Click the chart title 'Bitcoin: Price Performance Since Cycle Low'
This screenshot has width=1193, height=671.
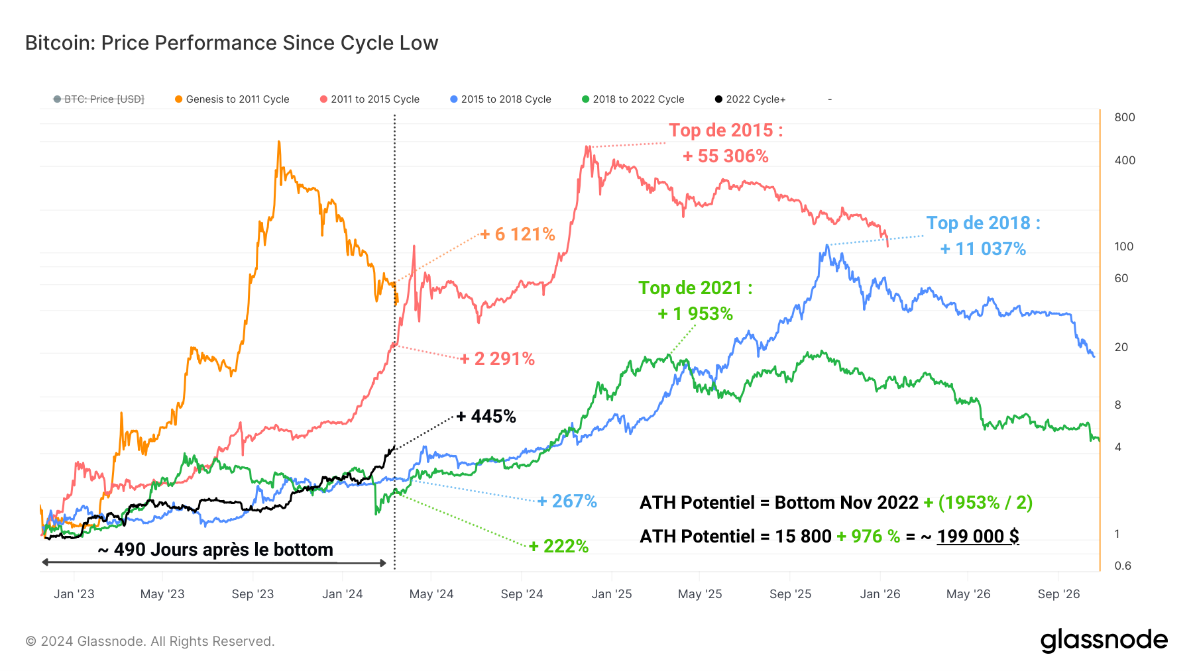click(231, 43)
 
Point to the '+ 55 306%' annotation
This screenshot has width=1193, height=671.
click(726, 156)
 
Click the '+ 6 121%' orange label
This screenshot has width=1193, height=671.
click(518, 234)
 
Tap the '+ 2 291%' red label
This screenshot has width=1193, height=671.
click(498, 359)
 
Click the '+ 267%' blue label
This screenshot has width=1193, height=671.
click(567, 501)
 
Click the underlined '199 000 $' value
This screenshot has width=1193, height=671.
click(978, 537)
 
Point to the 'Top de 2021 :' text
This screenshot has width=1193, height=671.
click(695, 288)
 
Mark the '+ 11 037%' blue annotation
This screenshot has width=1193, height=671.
click(983, 249)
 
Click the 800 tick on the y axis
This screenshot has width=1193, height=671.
click(1124, 118)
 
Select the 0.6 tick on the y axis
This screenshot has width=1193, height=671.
click(1122, 566)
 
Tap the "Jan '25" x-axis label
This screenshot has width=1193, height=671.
click(611, 594)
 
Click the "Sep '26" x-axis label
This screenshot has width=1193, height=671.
click(1058, 594)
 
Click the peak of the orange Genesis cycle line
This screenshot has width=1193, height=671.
click(279, 142)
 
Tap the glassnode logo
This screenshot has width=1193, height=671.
click(1104, 641)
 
